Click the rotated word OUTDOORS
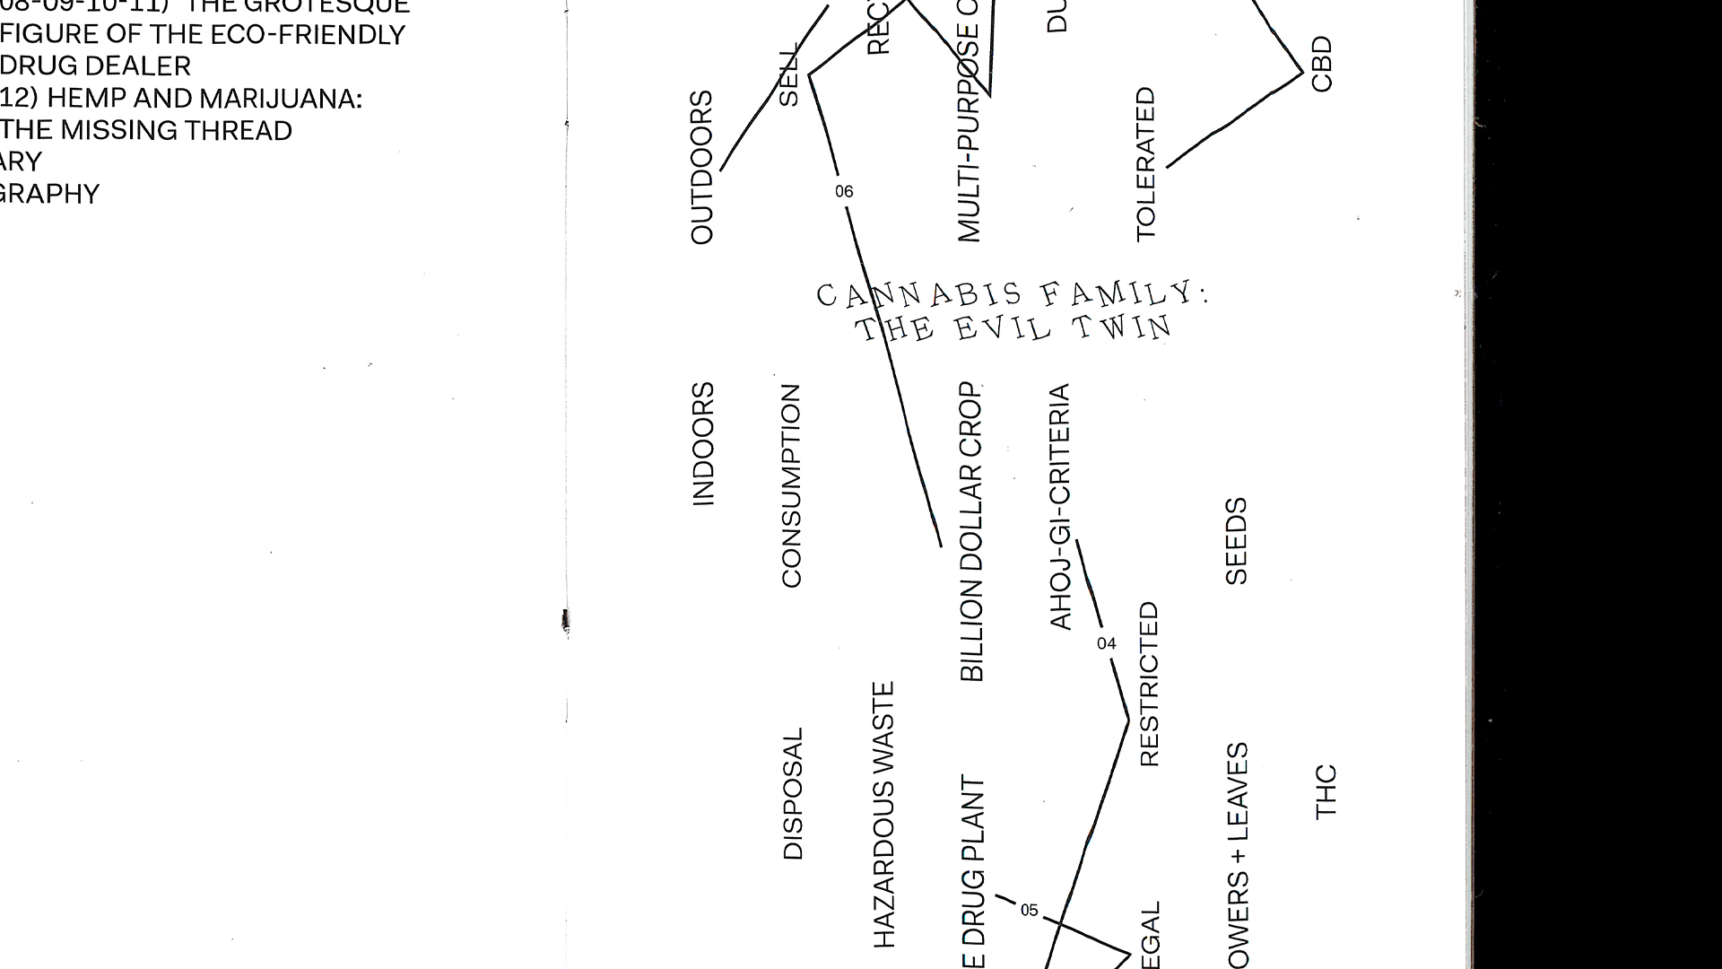click(701, 167)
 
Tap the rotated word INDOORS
click(703, 444)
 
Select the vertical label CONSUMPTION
click(791, 486)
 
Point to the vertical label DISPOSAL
click(793, 794)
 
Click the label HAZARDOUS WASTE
click(884, 815)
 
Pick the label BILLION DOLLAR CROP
click(972, 532)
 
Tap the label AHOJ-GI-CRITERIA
click(1060, 507)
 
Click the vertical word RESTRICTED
click(1149, 685)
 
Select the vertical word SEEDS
click(1236, 541)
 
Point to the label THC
click(1326, 791)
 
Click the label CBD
click(1322, 64)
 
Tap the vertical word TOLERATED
click(1146, 164)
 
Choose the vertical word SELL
click(787, 76)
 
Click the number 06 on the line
click(844, 191)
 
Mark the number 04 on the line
click(1107, 643)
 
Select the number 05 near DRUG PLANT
click(1029, 911)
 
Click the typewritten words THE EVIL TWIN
click(1013, 328)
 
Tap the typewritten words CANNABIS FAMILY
click(1012, 294)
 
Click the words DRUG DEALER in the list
click(96, 66)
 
